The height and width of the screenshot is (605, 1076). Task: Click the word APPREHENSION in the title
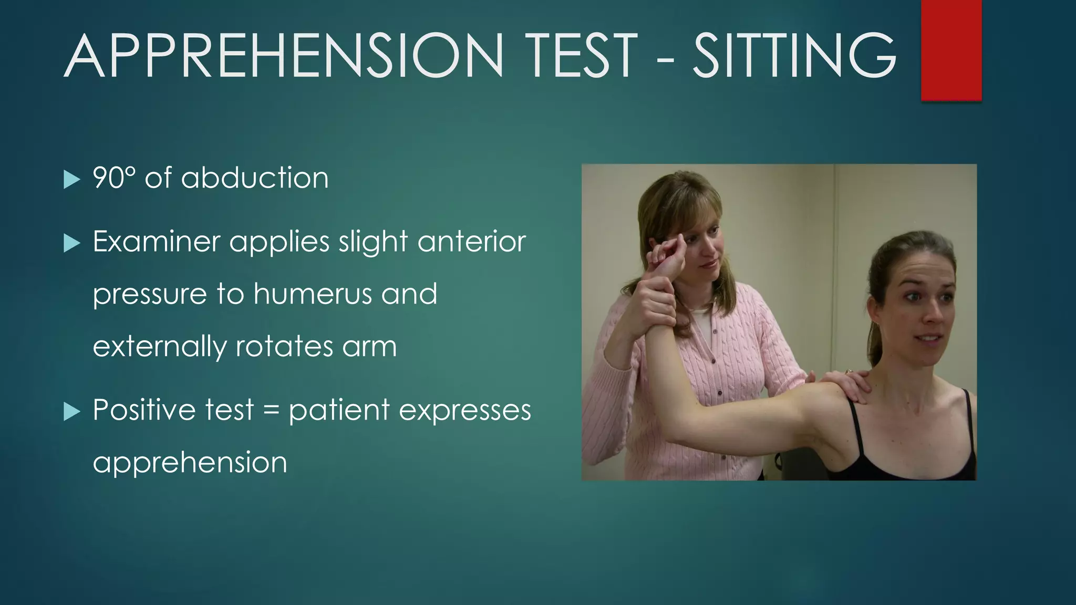(284, 56)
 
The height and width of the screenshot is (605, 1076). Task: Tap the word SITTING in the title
(794, 56)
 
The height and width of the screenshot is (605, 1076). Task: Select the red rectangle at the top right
(951, 50)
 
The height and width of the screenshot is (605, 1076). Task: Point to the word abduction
(255, 178)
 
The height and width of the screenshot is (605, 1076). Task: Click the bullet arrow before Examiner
(71, 243)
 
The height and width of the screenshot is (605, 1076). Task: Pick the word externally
(160, 347)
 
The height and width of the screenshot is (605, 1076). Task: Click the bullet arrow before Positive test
(71, 412)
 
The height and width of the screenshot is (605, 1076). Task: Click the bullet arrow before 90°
(71, 180)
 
